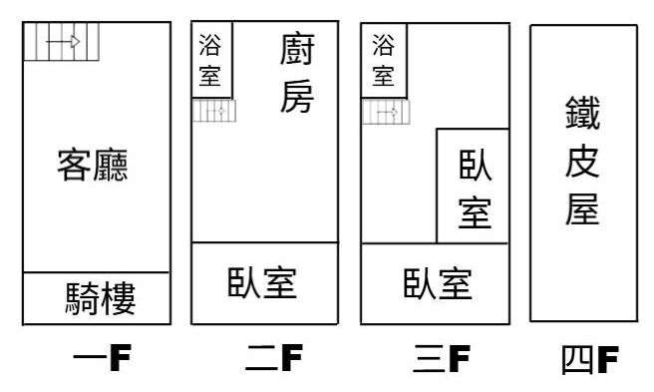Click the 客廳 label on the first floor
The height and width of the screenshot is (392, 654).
[92, 165]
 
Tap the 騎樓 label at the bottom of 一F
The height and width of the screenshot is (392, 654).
[101, 298]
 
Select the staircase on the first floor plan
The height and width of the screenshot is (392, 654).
[62, 42]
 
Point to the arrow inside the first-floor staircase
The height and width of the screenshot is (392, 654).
[63, 41]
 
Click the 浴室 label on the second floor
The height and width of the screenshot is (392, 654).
[209, 60]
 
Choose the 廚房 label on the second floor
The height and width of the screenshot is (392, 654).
[297, 73]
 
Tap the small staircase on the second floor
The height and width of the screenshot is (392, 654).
[214, 111]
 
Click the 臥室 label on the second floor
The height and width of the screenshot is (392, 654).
[262, 282]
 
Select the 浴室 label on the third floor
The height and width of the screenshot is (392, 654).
[383, 60]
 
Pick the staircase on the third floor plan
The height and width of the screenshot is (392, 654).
[386, 112]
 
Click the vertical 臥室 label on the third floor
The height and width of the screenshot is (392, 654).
[475, 190]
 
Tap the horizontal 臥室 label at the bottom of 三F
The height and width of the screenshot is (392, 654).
[438, 283]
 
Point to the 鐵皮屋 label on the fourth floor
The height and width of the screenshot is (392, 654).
[582, 161]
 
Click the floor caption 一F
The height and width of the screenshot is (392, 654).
[102, 357]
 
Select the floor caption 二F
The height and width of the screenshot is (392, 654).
[274, 357]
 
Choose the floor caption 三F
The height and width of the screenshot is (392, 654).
[442, 358]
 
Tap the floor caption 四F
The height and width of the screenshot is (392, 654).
[590, 359]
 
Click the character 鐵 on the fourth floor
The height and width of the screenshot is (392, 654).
[582, 113]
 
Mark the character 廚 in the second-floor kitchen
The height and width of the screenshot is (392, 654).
[297, 50]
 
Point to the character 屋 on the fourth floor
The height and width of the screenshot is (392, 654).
[582, 208]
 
